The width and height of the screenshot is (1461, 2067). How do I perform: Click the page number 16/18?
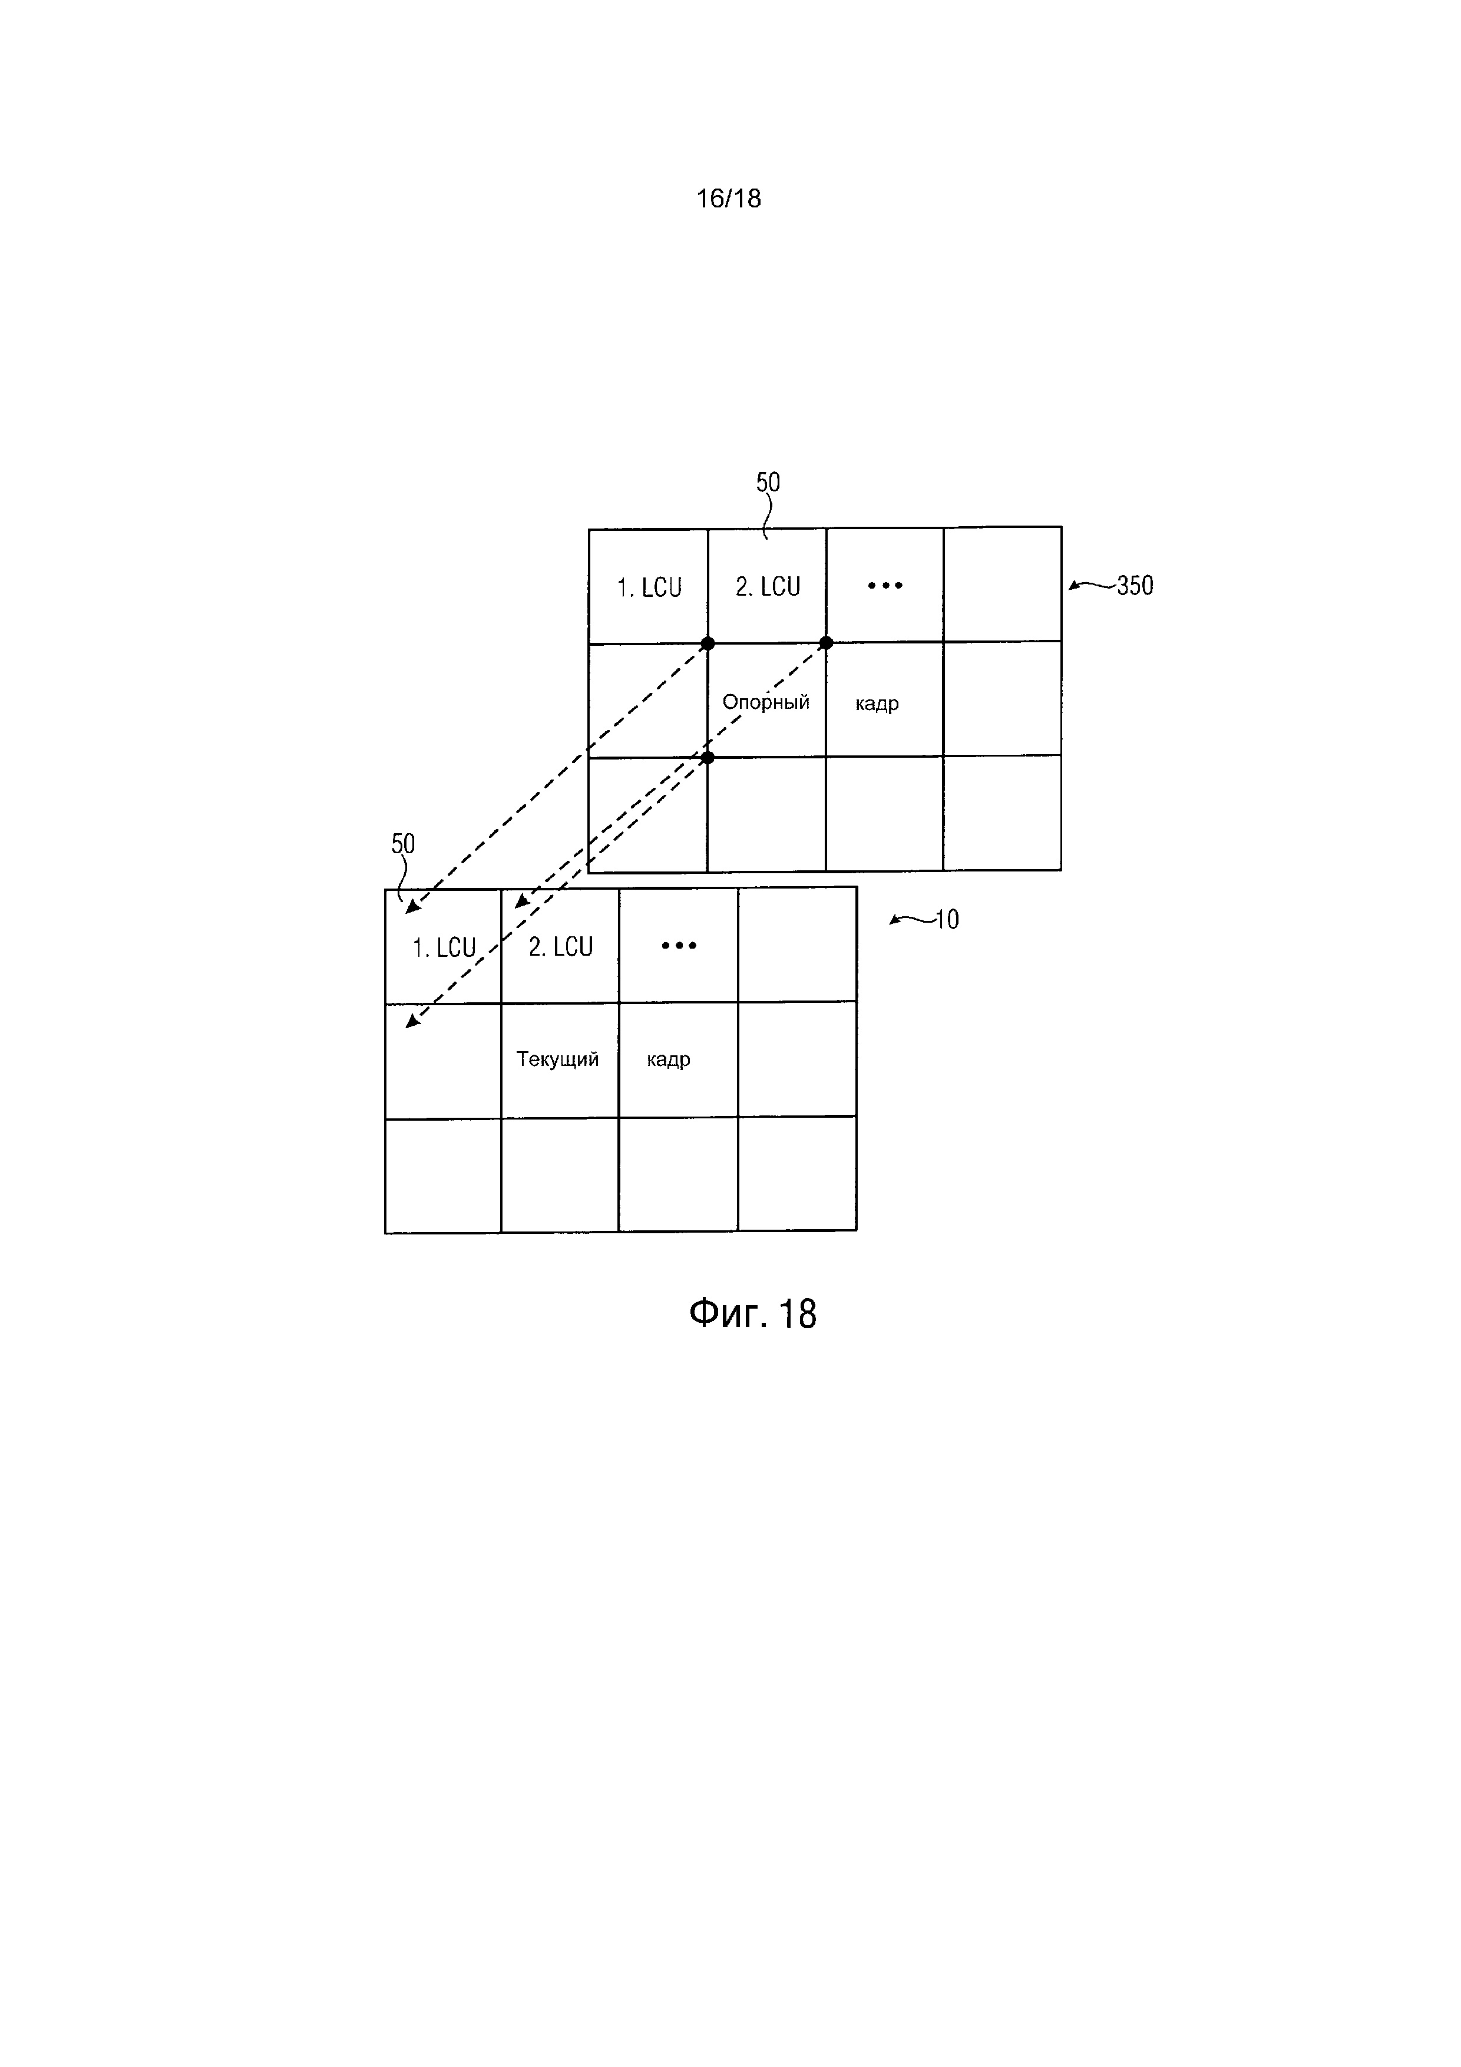click(x=728, y=198)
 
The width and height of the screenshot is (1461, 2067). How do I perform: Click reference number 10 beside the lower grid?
click(x=947, y=920)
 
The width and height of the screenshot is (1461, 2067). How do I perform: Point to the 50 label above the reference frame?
click(x=767, y=483)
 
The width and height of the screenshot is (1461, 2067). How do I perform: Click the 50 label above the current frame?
click(x=402, y=844)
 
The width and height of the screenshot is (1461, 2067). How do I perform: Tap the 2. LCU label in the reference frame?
click(x=768, y=587)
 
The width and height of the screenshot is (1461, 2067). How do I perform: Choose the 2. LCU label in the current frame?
click(x=560, y=947)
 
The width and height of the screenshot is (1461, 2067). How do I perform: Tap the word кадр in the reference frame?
click(x=877, y=703)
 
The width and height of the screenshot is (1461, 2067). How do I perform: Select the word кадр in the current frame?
click(x=668, y=1059)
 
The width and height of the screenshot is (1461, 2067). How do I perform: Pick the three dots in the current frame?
click(x=679, y=945)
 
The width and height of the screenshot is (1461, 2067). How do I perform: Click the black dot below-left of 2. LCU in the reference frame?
click(x=708, y=643)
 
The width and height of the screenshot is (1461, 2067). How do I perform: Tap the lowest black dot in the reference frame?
click(x=708, y=757)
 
